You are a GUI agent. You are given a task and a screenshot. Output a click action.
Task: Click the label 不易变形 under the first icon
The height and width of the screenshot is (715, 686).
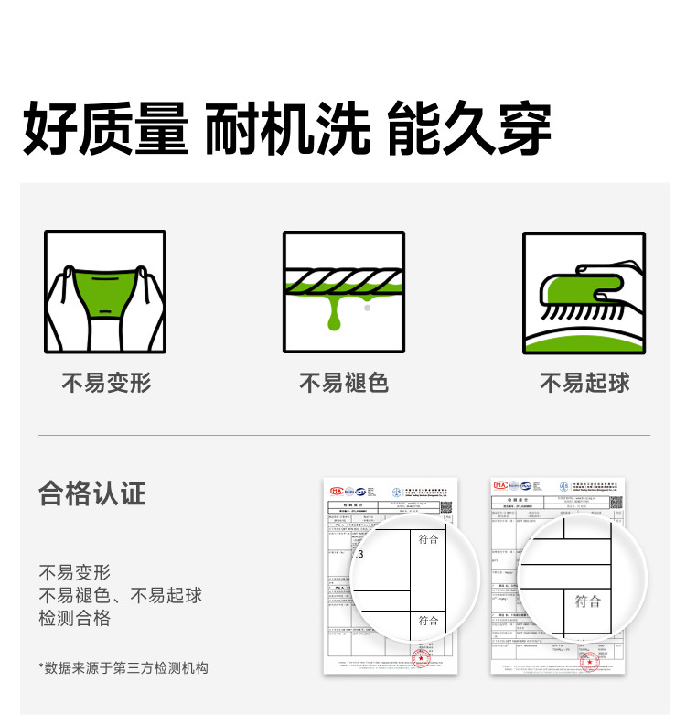[105, 383]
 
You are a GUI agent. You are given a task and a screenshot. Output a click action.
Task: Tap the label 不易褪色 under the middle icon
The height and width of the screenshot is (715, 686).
[344, 383]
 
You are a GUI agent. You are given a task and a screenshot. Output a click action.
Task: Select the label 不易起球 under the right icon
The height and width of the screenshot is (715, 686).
[584, 383]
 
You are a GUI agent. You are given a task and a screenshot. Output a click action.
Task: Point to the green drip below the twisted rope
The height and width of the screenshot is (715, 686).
[333, 314]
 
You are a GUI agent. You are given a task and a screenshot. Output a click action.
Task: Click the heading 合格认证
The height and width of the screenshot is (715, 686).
[92, 493]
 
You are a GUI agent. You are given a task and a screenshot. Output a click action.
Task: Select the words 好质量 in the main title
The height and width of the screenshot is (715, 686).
[105, 129]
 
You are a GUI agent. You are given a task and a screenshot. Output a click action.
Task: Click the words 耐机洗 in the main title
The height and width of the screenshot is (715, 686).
[287, 129]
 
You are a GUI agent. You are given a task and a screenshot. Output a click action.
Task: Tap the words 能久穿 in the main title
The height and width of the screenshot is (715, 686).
[469, 129]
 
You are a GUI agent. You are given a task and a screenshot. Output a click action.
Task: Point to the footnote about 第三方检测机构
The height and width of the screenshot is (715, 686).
[123, 667]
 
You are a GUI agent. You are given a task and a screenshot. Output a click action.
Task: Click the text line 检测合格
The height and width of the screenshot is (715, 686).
[75, 618]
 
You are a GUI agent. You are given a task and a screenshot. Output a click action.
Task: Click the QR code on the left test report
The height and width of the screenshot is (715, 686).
[445, 506]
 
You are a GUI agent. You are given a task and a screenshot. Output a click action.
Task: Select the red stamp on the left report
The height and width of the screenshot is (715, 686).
[421, 658]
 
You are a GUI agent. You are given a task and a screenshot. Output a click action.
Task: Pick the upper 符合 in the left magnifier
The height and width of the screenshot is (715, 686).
[428, 539]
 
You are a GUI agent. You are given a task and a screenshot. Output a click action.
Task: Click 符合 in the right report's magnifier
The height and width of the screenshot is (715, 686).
[587, 601]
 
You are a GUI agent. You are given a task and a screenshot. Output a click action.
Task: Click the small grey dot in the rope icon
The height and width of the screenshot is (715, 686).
[367, 309]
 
